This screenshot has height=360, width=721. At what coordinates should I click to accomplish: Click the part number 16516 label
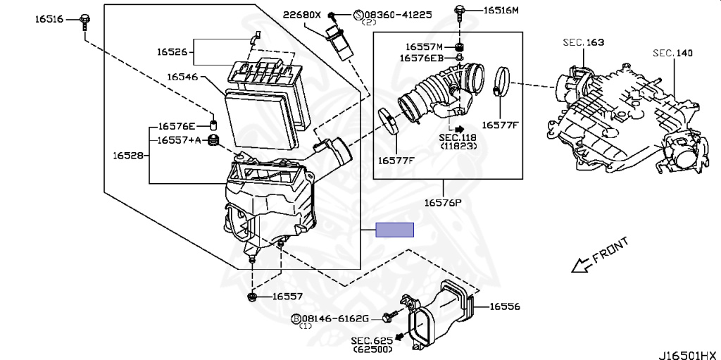(49, 19)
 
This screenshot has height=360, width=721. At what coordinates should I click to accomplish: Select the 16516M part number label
(501, 11)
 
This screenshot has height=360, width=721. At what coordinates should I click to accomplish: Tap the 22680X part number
(302, 14)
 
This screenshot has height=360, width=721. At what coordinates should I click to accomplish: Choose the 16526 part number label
(171, 51)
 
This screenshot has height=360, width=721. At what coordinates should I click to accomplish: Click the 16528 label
(128, 152)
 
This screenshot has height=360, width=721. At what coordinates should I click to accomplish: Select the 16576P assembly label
(442, 204)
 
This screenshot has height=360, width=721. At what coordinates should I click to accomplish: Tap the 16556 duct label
(505, 306)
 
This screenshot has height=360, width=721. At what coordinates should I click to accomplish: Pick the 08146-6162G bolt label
(335, 319)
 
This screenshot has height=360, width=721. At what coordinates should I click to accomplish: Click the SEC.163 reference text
(583, 43)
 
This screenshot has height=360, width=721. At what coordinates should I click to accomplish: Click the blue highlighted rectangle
(394, 230)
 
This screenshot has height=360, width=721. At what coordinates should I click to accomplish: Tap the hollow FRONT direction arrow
(581, 266)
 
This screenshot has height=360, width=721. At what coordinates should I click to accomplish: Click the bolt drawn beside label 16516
(84, 19)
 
